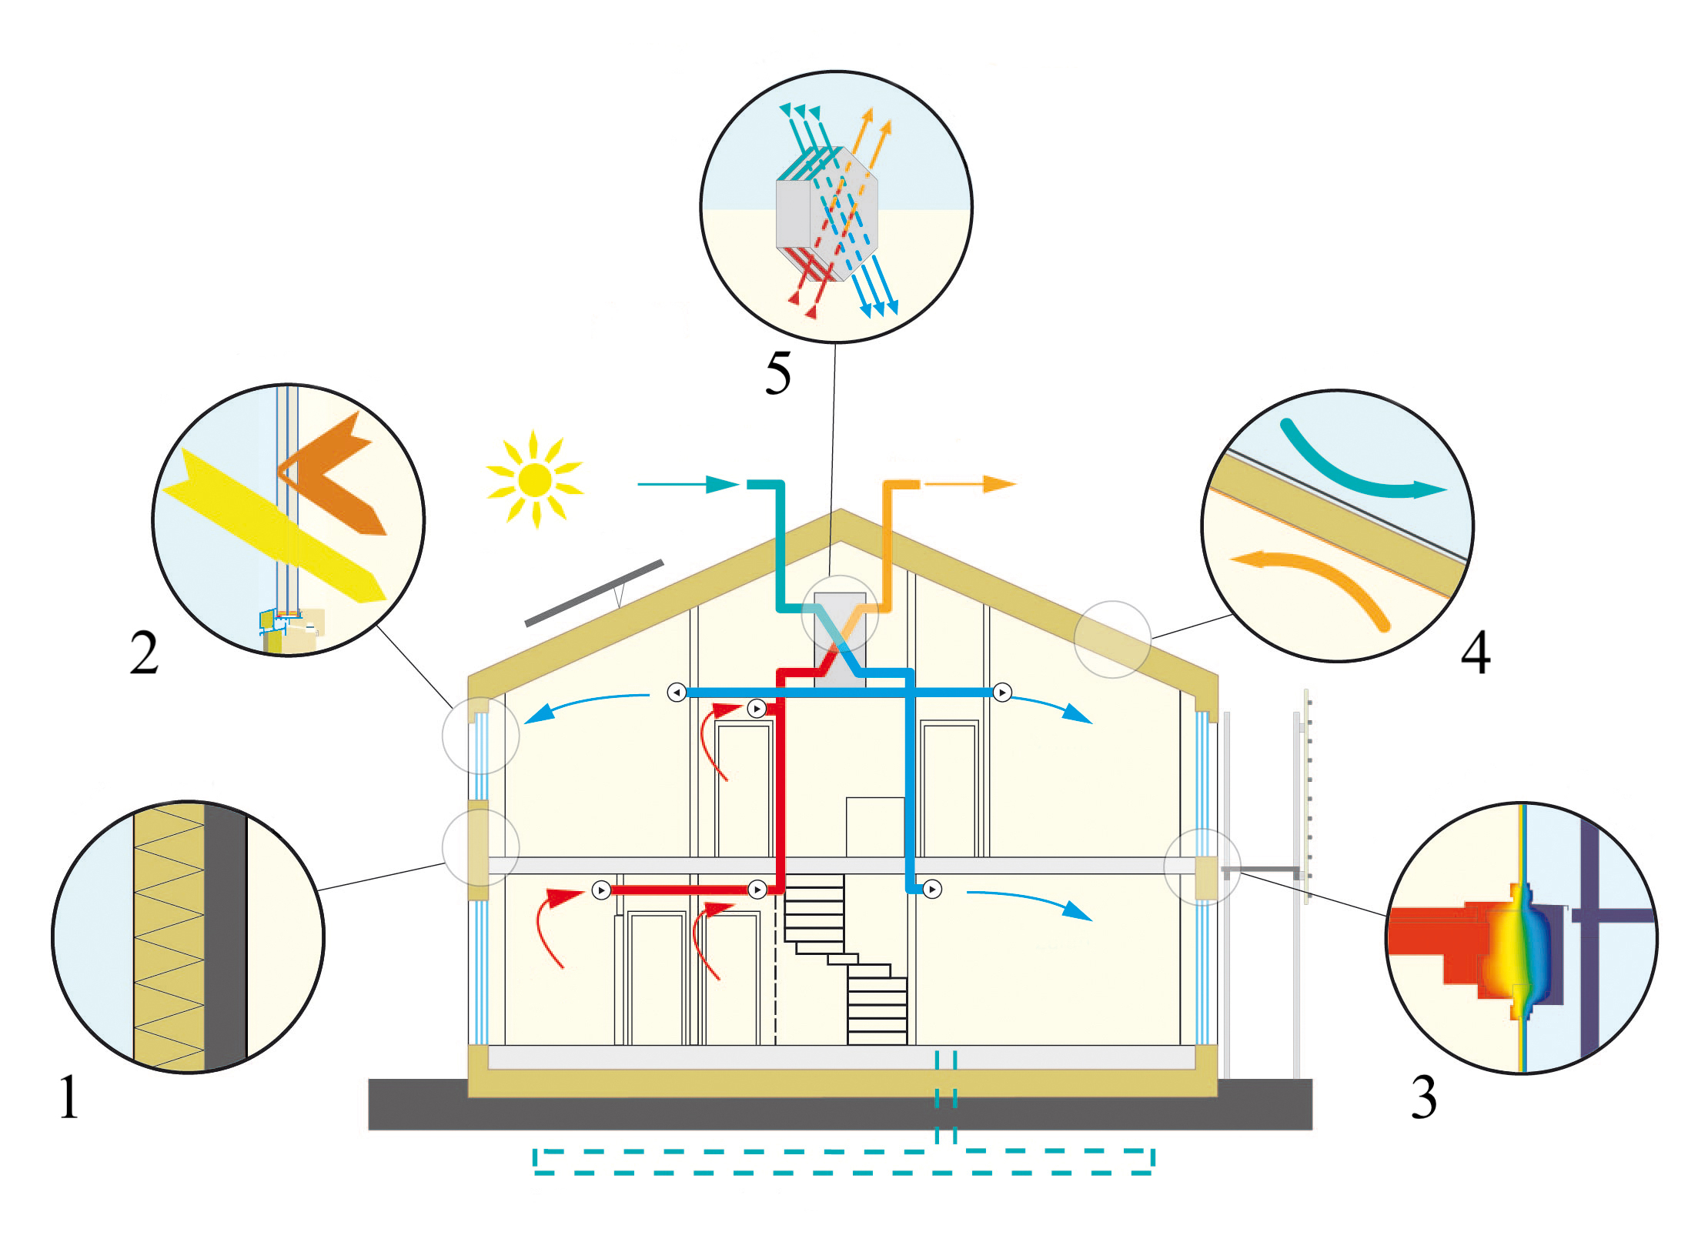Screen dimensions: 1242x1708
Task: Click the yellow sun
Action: (534, 480)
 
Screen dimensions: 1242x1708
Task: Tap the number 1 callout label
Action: (69, 1097)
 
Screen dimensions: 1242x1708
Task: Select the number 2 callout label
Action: (144, 653)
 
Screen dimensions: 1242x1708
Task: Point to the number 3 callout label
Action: (1423, 1097)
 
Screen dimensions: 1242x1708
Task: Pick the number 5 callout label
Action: (777, 374)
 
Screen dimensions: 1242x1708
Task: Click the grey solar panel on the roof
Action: (593, 593)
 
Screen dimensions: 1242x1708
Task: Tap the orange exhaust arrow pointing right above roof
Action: (970, 484)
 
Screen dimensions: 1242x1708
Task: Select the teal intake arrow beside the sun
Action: (687, 484)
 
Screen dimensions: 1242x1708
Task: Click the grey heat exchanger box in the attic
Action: (840, 639)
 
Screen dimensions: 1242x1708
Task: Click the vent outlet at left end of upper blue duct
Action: (677, 693)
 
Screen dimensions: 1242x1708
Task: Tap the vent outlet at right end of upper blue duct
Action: (1002, 693)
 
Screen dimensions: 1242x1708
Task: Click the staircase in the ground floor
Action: (847, 962)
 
